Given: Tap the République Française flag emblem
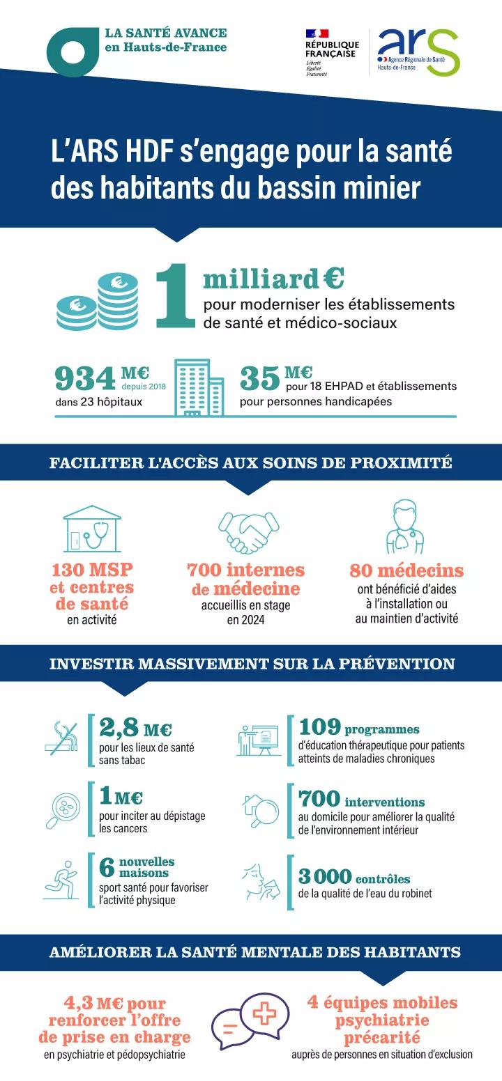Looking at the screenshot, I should coord(317,33).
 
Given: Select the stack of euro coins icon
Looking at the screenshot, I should coord(98,301).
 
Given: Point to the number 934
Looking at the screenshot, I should coord(84,380).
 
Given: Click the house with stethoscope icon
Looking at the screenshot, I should coord(92,530).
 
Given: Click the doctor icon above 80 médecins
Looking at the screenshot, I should coord(406,527).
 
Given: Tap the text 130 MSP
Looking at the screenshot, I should coord(92,570).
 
